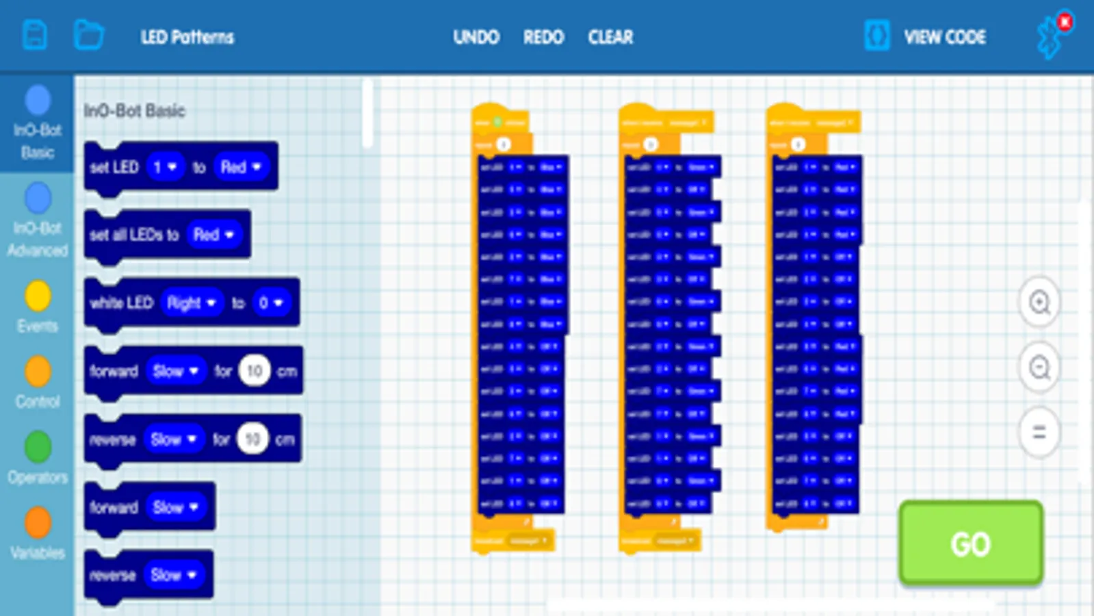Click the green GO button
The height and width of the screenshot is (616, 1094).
tap(970, 543)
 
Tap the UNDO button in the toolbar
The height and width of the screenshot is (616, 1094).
tap(476, 37)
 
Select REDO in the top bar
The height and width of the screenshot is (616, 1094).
tap(543, 37)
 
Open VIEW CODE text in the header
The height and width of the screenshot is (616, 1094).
tap(945, 37)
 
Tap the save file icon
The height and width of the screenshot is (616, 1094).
tap(35, 35)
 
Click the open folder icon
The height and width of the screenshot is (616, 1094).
tap(88, 35)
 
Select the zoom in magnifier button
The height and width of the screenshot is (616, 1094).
tap(1039, 302)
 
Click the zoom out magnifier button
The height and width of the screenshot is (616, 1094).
tap(1039, 368)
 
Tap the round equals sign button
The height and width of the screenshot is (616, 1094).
tap(1039, 433)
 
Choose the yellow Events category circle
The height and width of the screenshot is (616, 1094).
tap(38, 296)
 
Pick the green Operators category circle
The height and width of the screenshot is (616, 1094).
tap(38, 447)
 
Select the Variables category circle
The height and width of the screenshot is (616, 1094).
tap(38, 523)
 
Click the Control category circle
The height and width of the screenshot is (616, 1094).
tap(38, 372)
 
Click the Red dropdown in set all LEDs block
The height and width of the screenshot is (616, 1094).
tap(213, 235)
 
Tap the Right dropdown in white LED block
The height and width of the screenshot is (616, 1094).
tap(192, 303)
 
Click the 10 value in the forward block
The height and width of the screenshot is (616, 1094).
tap(255, 371)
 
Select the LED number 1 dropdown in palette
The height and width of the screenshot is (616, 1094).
tap(165, 167)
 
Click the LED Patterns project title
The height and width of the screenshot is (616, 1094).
tap(187, 37)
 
